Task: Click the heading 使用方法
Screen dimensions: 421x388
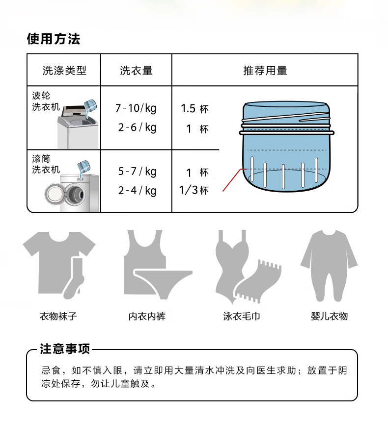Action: pos(53,39)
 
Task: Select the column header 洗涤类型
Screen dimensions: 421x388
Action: pos(64,71)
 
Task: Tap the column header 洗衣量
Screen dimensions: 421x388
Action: pos(136,71)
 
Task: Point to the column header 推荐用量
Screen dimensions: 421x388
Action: pos(265,71)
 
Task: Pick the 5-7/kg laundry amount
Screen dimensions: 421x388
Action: pos(137,172)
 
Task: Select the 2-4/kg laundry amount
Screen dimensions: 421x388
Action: pos(137,190)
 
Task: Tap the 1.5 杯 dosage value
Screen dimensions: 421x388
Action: pos(195,109)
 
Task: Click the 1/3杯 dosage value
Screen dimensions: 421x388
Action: pos(194,190)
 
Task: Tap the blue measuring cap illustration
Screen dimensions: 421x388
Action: pos(287,147)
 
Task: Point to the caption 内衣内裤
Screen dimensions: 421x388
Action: pos(147,316)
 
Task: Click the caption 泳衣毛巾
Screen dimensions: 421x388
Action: pos(241,316)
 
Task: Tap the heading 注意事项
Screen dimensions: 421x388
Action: pos(65,349)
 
